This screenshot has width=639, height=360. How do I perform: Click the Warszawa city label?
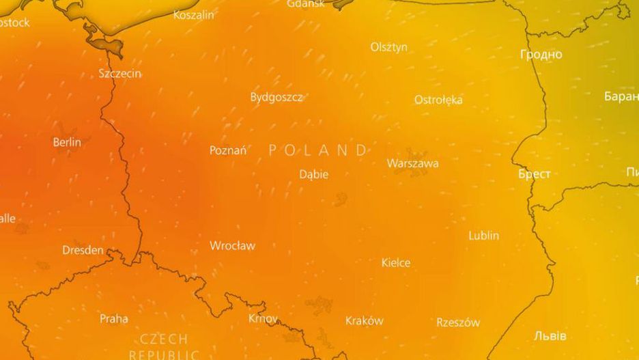[x=412, y=164]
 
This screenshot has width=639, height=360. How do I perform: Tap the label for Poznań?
[x=228, y=150]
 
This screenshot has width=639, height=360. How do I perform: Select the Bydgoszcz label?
[x=276, y=97]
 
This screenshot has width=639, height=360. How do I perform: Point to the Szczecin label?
[x=120, y=73]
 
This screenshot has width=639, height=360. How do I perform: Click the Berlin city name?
[x=67, y=142]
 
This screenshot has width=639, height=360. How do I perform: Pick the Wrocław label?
[x=232, y=245]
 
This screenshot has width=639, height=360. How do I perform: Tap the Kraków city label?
[x=365, y=320]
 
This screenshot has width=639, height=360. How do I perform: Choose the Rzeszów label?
[x=458, y=322]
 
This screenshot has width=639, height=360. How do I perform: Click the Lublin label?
[x=483, y=236]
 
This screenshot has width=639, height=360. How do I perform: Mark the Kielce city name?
[x=396, y=263]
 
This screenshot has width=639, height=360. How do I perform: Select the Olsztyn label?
[x=389, y=47]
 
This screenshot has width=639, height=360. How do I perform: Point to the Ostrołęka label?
[x=438, y=100]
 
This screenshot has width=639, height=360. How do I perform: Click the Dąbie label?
[x=314, y=175]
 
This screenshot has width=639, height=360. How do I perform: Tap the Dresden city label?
[x=83, y=250]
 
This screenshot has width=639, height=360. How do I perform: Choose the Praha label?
[x=114, y=318]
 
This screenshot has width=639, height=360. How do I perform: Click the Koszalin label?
[x=193, y=15]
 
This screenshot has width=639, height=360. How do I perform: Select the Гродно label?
[x=541, y=55]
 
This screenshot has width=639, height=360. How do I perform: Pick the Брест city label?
[x=535, y=174]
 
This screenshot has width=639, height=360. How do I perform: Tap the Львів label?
[x=550, y=336]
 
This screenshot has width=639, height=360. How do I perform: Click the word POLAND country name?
[x=319, y=150]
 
